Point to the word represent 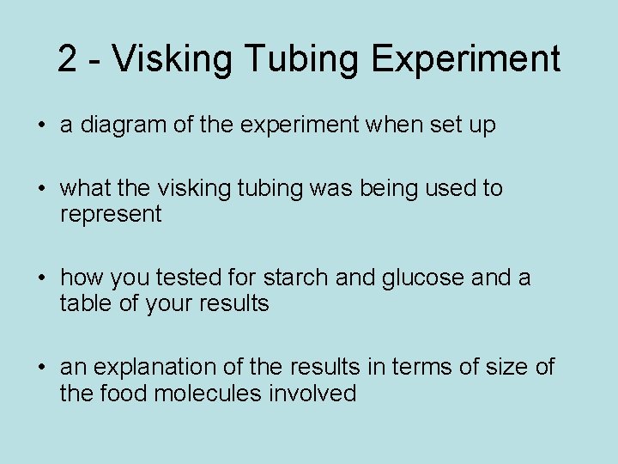coord(110,215)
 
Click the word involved coord(317,394)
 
